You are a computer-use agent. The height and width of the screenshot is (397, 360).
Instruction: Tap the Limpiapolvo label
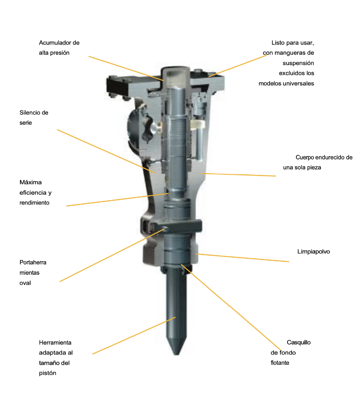tap(314, 251)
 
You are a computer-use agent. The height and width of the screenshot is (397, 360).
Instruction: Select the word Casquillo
tap(299, 342)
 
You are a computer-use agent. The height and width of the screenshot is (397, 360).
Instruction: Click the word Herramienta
tap(55, 342)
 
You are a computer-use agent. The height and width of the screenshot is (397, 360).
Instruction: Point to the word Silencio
tap(30, 112)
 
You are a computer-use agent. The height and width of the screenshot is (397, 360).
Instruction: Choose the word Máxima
tap(31, 182)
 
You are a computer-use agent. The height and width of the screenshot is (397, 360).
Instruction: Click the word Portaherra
tap(33, 262)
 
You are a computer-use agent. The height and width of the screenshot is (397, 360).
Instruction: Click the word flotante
tap(280, 363)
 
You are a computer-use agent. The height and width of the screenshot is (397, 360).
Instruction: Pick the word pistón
tap(48, 373)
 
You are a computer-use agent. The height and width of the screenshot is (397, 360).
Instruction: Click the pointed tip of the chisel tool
tap(177, 355)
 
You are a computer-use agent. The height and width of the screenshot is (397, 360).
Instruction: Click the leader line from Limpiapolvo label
tap(242, 258)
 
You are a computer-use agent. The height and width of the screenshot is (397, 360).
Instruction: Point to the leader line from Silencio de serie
tap(106, 151)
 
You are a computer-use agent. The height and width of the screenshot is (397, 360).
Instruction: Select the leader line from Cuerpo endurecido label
tap(238, 174)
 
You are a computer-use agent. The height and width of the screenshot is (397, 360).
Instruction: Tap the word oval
tap(25, 283)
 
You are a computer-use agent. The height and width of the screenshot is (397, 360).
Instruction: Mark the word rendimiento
tap(34, 203)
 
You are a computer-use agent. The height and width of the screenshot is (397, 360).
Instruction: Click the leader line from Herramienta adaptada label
tap(134, 335)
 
